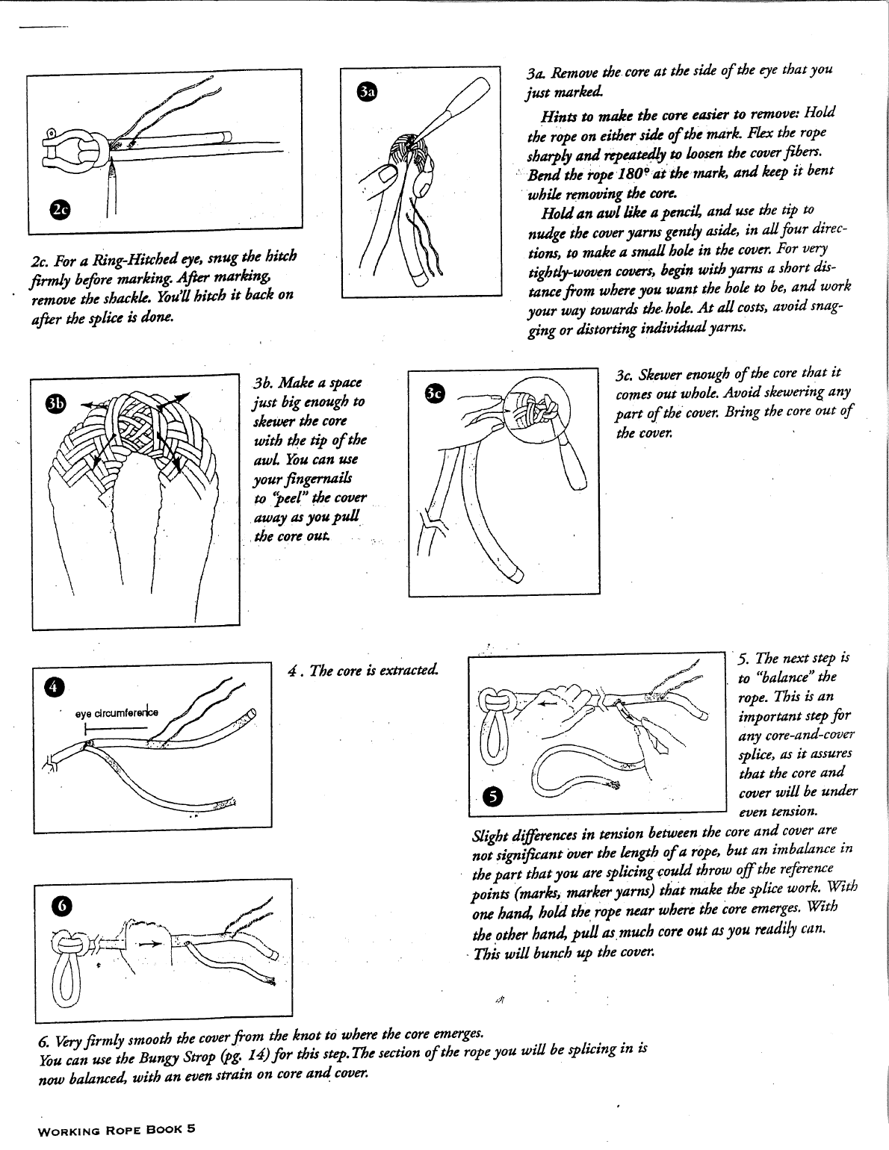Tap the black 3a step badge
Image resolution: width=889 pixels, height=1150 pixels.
pyautogui.click(x=367, y=91)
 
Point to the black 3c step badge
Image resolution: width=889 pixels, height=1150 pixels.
pyautogui.click(x=434, y=391)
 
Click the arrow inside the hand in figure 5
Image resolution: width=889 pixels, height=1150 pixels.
pyautogui.click(x=548, y=703)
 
